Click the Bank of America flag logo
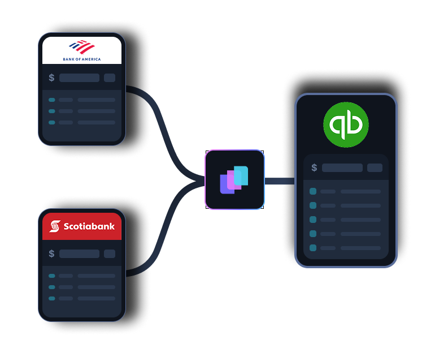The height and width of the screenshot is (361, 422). click(x=82, y=47)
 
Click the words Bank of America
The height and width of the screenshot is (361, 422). click(x=82, y=58)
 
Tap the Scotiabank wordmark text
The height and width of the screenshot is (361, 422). click(x=89, y=226)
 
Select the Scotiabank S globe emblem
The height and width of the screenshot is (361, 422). click(x=54, y=226)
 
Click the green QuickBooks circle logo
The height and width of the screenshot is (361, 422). click(x=346, y=124)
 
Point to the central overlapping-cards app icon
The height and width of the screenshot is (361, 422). click(x=234, y=179)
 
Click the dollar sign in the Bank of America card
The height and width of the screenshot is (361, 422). click(x=51, y=78)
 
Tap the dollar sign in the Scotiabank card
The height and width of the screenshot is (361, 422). click(x=51, y=254)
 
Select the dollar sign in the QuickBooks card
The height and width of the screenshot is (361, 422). click(x=314, y=168)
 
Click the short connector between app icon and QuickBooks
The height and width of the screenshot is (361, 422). click(x=280, y=181)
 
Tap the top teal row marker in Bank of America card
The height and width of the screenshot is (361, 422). click(x=52, y=100)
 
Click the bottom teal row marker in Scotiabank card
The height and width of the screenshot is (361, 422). click(x=52, y=298)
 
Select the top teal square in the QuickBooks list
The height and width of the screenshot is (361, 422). click(x=313, y=191)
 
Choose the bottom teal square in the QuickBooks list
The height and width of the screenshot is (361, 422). click(x=313, y=248)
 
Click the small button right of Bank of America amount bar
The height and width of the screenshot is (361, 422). click(x=110, y=78)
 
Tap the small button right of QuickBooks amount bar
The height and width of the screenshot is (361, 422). click(x=375, y=168)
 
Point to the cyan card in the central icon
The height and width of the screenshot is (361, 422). click(x=241, y=175)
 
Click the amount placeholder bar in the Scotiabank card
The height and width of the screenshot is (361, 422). click(x=79, y=254)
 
